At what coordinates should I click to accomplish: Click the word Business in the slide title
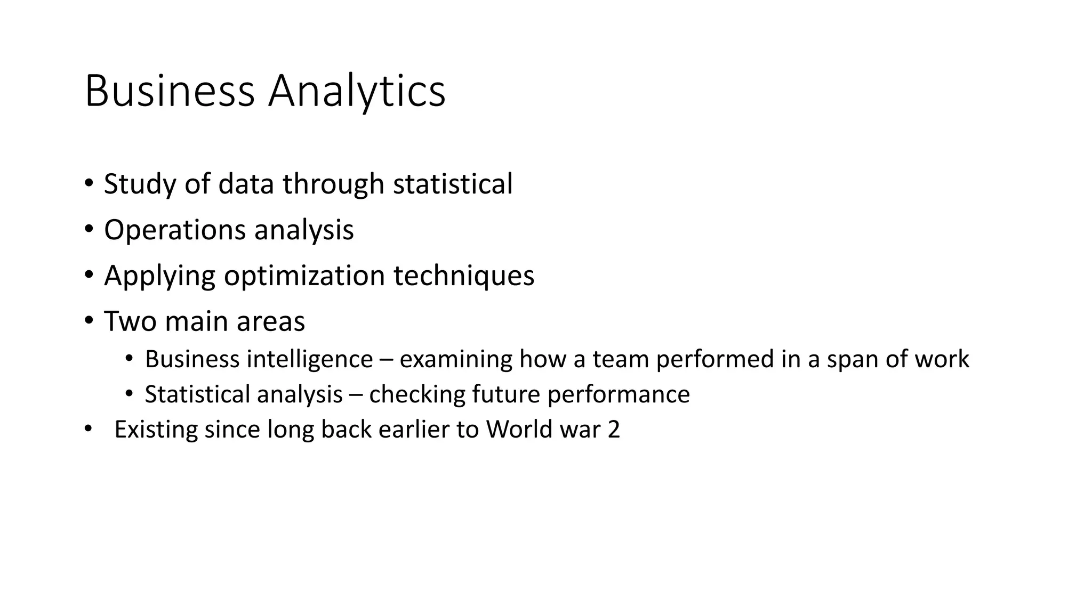pyautogui.click(x=170, y=92)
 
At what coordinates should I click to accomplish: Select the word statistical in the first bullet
pyautogui.click(x=453, y=184)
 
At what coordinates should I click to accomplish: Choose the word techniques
pyautogui.click(x=464, y=276)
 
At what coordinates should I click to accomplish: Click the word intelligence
pyautogui.click(x=309, y=359)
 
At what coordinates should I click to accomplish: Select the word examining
pyautogui.click(x=456, y=359)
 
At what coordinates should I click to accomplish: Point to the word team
pyautogui.click(x=621, y=359)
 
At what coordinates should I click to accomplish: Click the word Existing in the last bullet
pyautogui.click(x=156, y=430)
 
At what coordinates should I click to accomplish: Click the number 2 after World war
pyautogui.click(x=614, y=430)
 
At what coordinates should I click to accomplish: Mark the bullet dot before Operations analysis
pyautogui.click(x=89, y=230)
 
